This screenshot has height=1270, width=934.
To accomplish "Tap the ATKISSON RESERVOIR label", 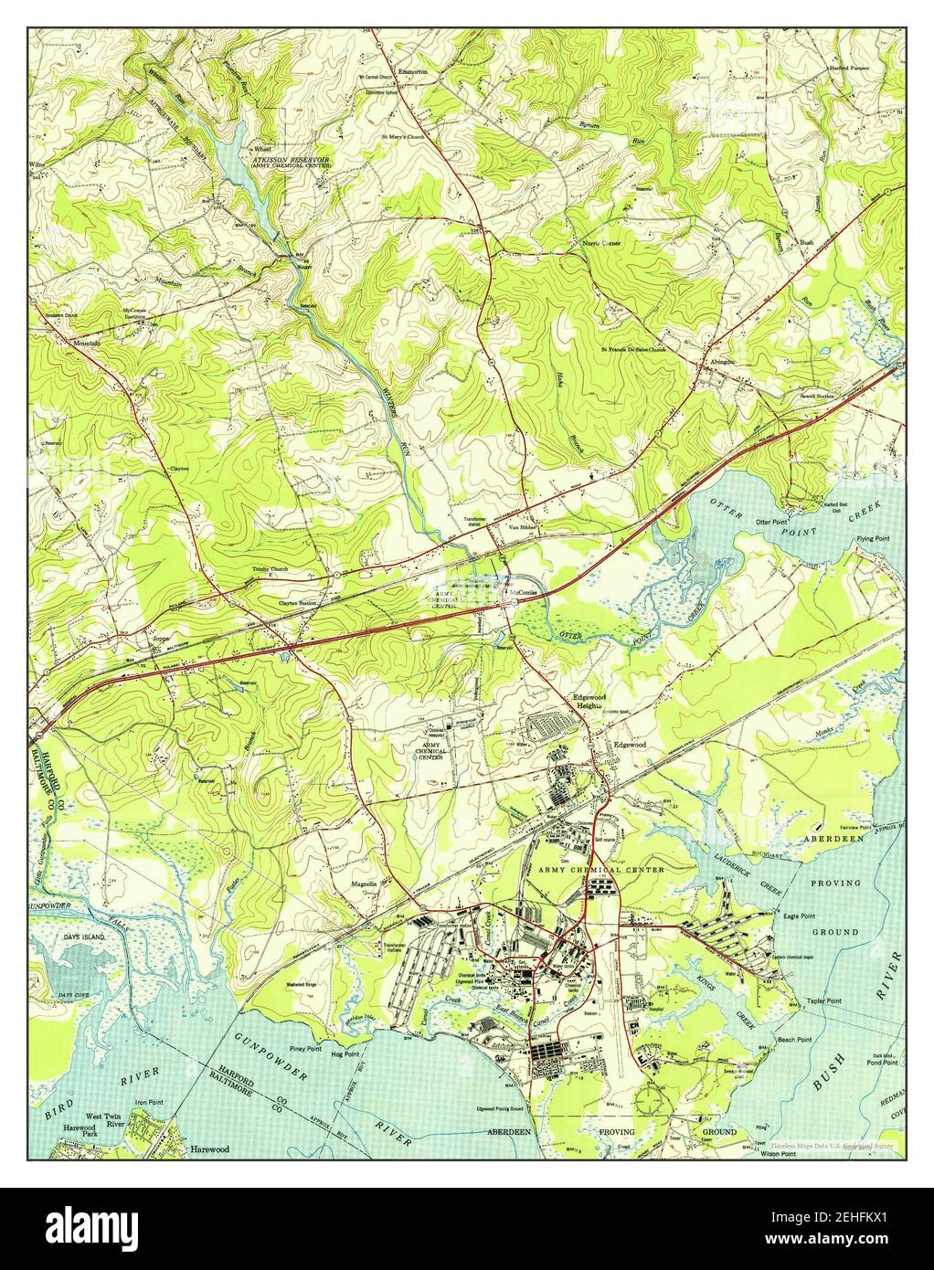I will coord(292,158).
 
